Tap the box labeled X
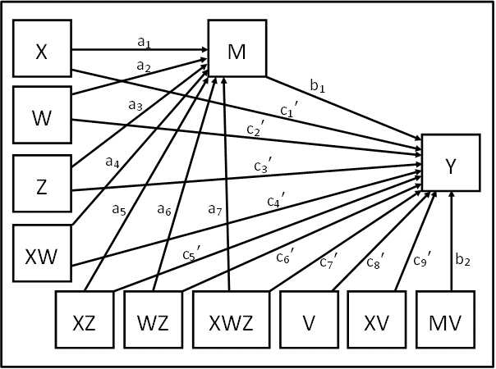(x=42, y=51)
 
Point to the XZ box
(x=85, y=321)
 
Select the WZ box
(x=154, y=321)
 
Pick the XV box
(x=379, y=321)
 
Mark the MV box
(x=451, y=321)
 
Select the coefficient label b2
(x=463, y=261)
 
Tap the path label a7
(x=216, y=211)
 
